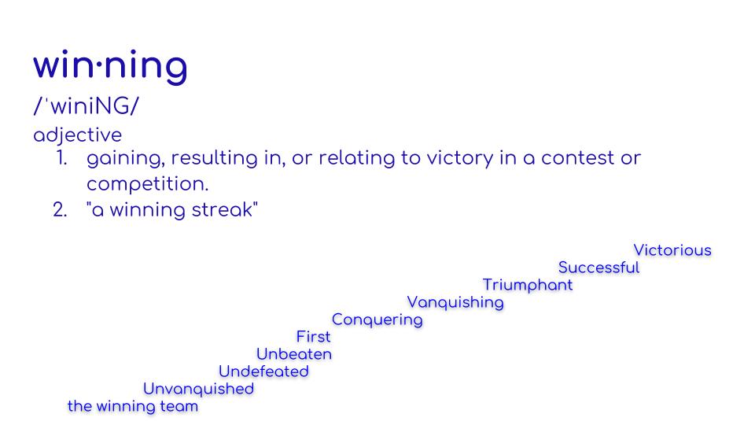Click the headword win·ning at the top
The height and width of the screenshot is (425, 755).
[x=110, y=65]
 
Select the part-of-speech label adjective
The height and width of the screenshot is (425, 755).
[x=77, y=135]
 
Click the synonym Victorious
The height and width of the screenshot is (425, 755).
[x=672, y=250]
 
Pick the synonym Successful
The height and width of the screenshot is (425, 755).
[x=598, y=268]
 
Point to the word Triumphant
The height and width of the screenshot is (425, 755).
[x=528, y=285]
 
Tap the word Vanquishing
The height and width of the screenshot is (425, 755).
[x=455, y=302]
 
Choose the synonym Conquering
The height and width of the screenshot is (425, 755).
[x=377, y=320]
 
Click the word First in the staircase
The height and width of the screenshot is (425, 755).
[x=313, y=337]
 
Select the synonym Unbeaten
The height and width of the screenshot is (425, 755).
[x=294, y=354]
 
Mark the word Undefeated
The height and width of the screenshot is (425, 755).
[x=263, y=371]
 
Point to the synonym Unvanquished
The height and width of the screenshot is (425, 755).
[x=198, y=389]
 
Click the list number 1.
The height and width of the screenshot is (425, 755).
[x=61, y=158]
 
